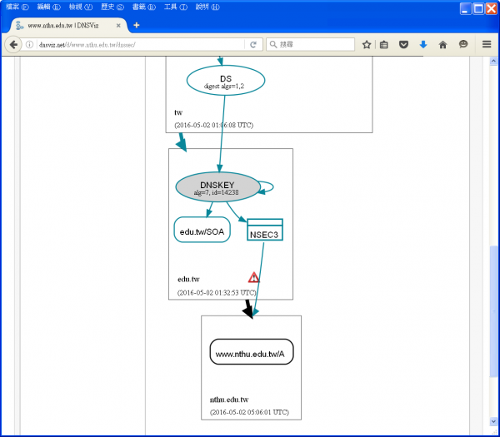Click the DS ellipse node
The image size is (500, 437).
pos(226,81)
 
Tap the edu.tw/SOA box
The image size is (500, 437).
pos(202,231)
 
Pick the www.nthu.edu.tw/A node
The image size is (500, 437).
pos(251,354)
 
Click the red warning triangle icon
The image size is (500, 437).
pos(253,277)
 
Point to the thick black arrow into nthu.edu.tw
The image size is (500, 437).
pos(247,309)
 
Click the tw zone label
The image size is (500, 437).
pos(178,112)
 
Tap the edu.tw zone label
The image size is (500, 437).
pos(188,279)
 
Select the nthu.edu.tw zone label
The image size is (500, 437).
pos(229,400)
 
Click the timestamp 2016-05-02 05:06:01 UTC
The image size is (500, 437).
pos(249,412)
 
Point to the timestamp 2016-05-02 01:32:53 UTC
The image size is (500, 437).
pos(217,292)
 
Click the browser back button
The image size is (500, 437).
pos(14,44)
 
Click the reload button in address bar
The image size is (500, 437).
pos(253,44)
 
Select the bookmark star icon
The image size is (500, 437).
pos(367,44)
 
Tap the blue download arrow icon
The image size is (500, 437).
pos(423,44)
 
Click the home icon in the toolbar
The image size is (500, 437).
pos(442,44)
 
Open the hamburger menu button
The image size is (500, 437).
pos(487,44)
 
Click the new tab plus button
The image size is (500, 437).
pos(137,25)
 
